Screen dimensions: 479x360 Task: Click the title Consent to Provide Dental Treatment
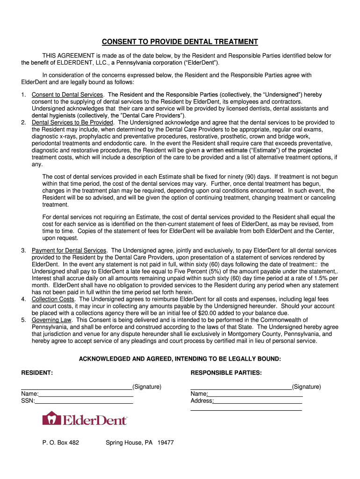[x=180, y=42]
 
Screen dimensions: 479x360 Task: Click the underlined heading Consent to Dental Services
[x=67, y=95]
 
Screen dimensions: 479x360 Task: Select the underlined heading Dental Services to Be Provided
[x=72, y=123]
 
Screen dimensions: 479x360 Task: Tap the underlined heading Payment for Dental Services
[x=69, y=251]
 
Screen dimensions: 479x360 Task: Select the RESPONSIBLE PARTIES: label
[x=226, y=373]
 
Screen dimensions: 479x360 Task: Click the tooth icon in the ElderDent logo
[x=51, y=418]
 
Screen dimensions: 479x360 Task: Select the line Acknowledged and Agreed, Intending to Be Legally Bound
[x=180, y=359]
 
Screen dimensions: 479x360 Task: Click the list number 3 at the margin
[x=23, y=251]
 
